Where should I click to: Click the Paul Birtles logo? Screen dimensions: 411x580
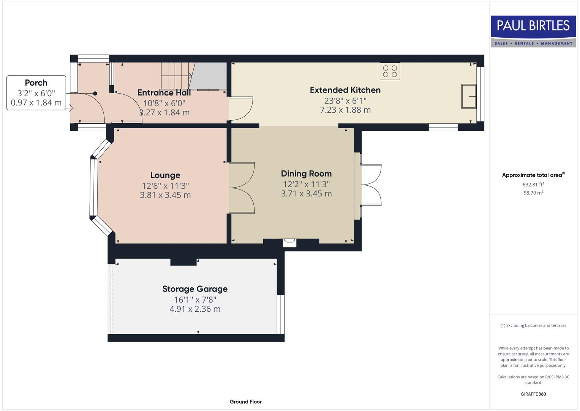pos(533,31)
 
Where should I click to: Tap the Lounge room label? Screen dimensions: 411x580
pos(165,175)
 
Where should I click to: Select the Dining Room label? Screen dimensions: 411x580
pos(306,174)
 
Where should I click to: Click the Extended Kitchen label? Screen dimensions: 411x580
pos(345,90)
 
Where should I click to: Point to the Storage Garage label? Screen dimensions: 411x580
pos(195,289)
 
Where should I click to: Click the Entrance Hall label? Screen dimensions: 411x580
pos(164,93)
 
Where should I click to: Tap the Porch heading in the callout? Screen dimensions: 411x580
pos(36,83)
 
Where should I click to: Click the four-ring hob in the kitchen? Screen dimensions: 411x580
pos(390,71)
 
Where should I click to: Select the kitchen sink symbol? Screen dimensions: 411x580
pos(469,97)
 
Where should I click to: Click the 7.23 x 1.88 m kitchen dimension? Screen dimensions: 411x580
pos(345,110)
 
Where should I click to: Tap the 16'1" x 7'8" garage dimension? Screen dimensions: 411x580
pos(195,299)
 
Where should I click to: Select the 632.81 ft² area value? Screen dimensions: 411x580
pos(533,185)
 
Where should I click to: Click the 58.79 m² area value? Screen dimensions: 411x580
pos(533,193)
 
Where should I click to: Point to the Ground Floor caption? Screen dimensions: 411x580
pos(245,402)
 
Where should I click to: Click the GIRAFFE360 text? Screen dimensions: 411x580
pos(533,394)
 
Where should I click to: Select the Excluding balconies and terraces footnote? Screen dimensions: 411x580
pos(533,325)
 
